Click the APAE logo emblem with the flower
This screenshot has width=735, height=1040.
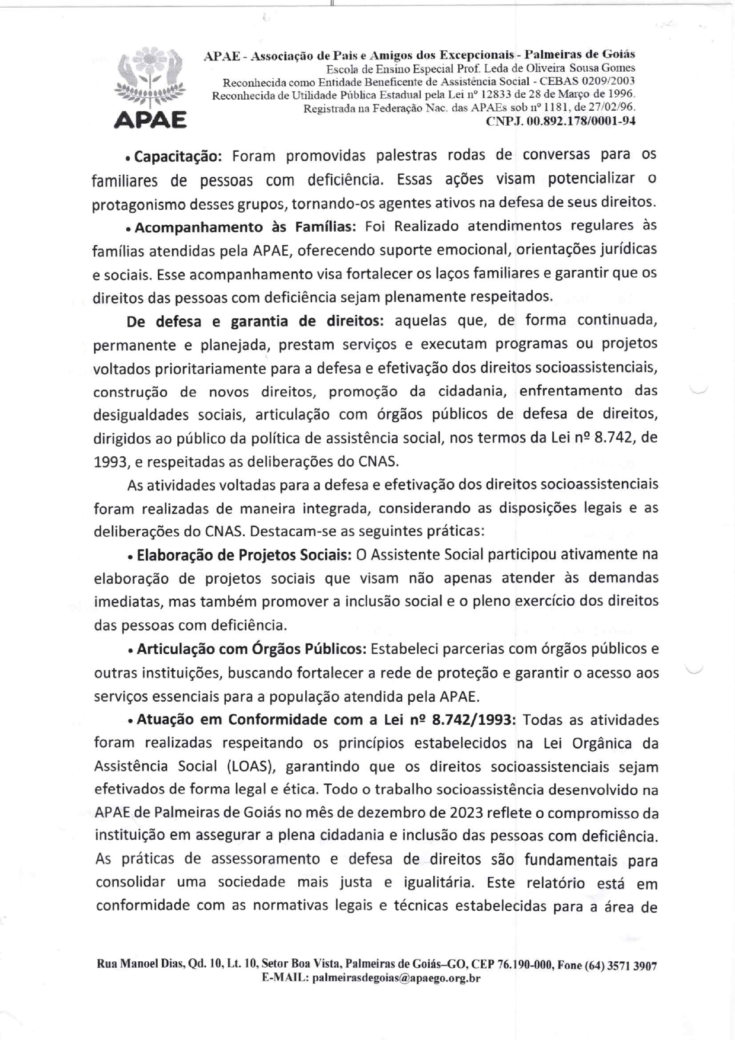150,77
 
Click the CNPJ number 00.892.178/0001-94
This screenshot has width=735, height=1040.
561,121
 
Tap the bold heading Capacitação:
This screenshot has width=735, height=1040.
178,156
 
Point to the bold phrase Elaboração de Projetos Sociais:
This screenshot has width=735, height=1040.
242,555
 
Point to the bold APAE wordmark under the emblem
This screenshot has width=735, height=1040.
150,120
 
